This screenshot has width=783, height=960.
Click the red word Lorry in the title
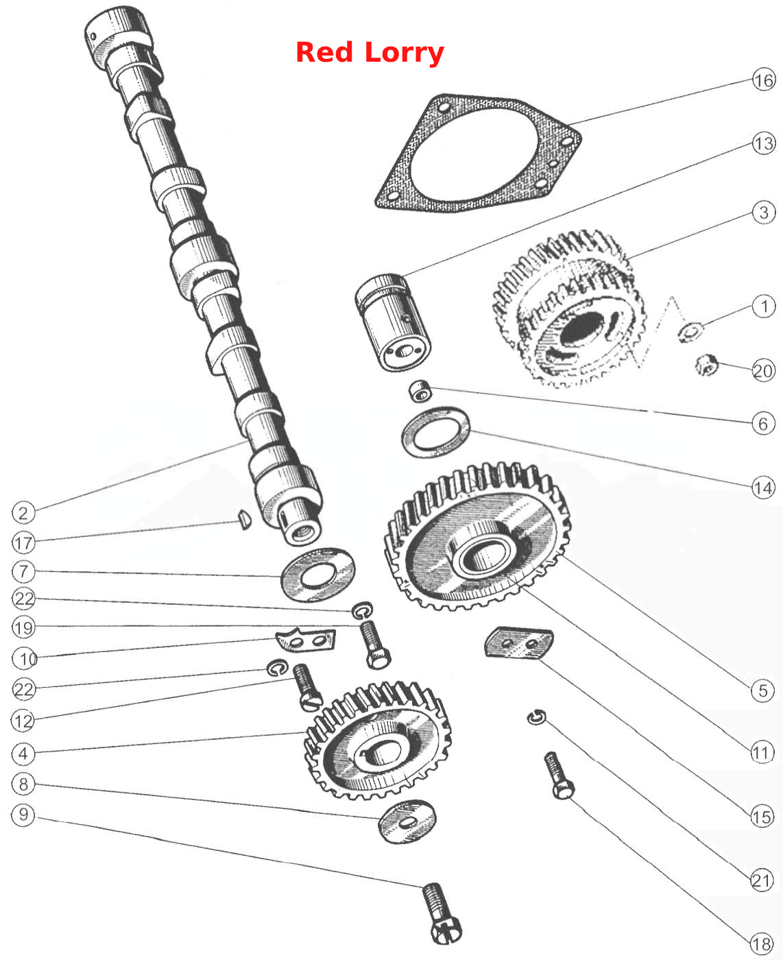tap(405, 53)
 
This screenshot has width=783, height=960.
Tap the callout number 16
tap(763, 80)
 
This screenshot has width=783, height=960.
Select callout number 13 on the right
tap(763, 143)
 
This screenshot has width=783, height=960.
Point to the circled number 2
tap(23, 513)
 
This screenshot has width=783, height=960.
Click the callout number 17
tap(23, 542)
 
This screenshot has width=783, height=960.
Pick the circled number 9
tap(23, 815)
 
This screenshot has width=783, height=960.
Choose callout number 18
tap(762, 944)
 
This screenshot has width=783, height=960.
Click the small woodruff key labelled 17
tap(245, 520)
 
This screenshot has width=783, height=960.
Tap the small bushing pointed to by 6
tap(420, 391)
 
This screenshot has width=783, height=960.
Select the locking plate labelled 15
tap(519, 644)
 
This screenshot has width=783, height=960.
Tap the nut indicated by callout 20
tap(706, 365)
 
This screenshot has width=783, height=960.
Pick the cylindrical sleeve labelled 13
tap(392, 322)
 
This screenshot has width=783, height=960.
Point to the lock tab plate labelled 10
tap(305, 640)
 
